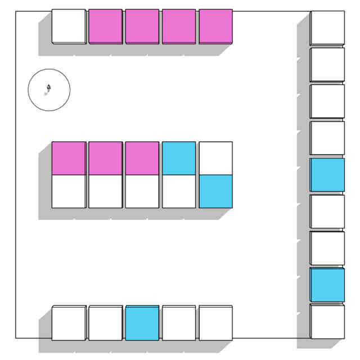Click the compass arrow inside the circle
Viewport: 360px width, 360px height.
[49, 88]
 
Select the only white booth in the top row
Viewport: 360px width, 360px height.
[69, 26]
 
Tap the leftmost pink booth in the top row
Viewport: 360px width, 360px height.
[105, 26]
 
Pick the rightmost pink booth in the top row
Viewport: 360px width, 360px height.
[215, 26]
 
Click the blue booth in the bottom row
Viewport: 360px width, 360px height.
[142, 323]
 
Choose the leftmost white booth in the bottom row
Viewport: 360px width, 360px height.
[69, 323]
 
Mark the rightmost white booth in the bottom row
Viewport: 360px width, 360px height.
[215, 323]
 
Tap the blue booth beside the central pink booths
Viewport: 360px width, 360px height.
[179, 158]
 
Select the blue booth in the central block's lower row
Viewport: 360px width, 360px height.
[215, 191]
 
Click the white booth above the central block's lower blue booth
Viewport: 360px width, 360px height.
[215, 158]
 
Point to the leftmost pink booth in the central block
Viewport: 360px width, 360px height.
[69, 158]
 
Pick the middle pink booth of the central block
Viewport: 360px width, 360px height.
[105, 158]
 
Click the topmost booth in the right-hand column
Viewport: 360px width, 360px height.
[327, 28]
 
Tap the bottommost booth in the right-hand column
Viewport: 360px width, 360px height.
[327, 321]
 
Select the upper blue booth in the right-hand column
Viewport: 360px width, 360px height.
[327, 174]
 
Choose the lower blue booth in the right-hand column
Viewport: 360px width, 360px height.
[327, 285]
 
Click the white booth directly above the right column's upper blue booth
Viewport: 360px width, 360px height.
[327, 138]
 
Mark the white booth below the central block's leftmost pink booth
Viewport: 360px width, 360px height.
[69, 191]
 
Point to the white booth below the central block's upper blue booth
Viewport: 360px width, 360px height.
[179, 191]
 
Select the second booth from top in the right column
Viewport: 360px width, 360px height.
[327, 65]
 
